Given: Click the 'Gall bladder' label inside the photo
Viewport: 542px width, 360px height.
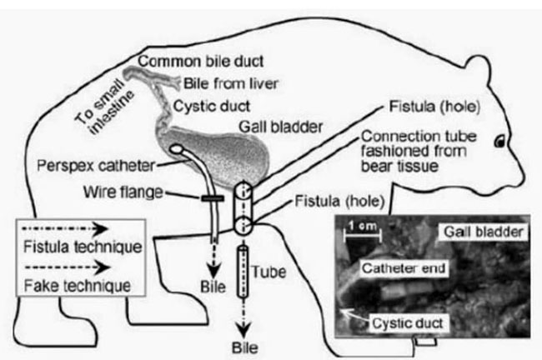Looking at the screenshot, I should [x=484, y=231].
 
